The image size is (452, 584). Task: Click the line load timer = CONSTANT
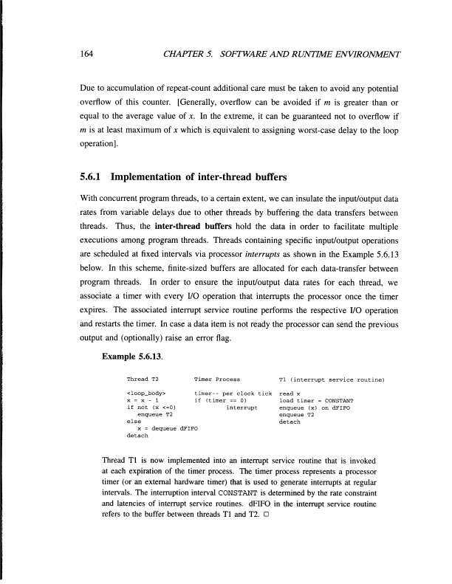(x=311, y=401)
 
